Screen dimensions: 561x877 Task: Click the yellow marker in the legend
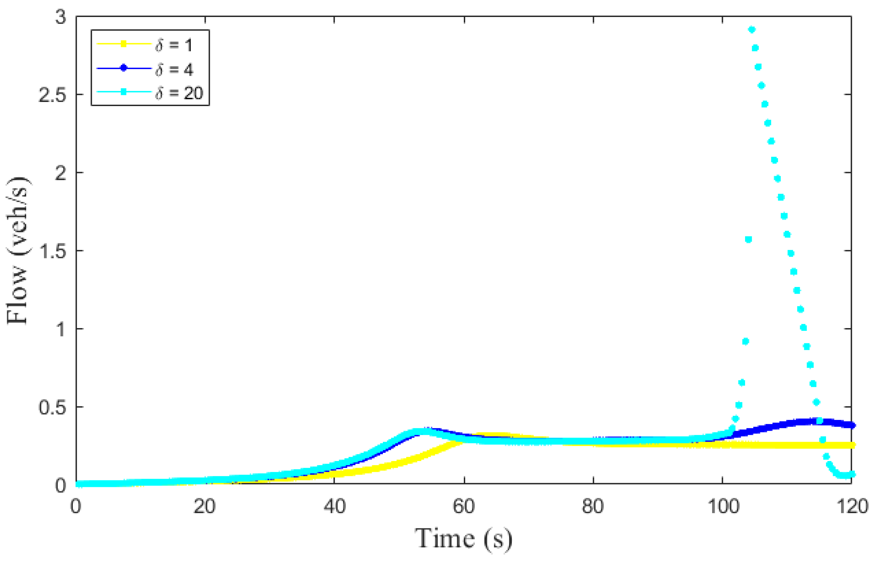123,44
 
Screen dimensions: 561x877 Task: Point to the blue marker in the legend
123,68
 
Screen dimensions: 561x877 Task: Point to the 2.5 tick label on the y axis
52,96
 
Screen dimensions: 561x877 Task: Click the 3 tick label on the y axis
61,17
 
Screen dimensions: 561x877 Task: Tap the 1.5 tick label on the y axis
52,251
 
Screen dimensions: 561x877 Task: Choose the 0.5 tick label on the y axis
52,408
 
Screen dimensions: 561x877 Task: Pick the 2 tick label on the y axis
61,173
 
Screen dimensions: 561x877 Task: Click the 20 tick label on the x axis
204,506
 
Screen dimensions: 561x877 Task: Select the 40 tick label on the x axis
335,506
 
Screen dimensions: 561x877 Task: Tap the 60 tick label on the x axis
464,506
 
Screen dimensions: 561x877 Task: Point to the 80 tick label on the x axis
593,506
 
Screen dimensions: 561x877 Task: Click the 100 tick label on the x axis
723,506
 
